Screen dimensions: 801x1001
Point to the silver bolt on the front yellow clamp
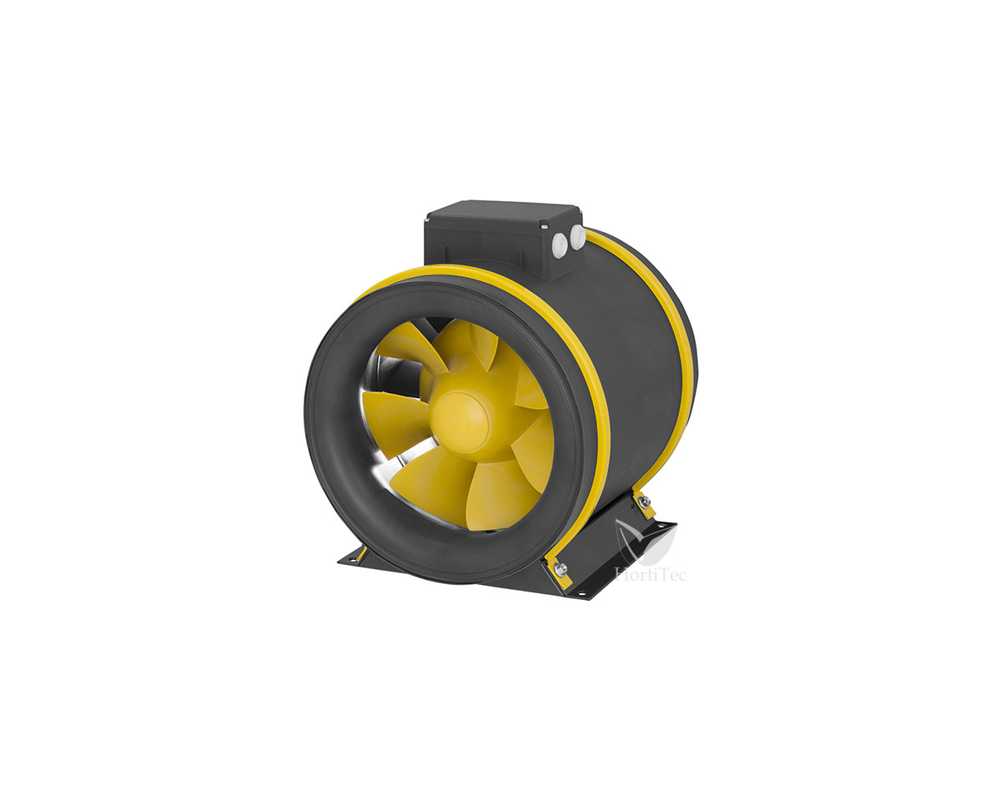click(x=561, y=569)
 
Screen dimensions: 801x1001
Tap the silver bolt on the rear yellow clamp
click(x=643, y=501)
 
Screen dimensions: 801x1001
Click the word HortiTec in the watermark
click(x=650, y=574)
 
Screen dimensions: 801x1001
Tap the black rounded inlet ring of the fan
click(x=334, y=467)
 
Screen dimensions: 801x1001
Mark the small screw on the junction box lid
click(x=543, y=225)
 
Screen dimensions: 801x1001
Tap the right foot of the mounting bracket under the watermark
click(x=659, y=531)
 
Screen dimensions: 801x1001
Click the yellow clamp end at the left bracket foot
click(x=360, y=553)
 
